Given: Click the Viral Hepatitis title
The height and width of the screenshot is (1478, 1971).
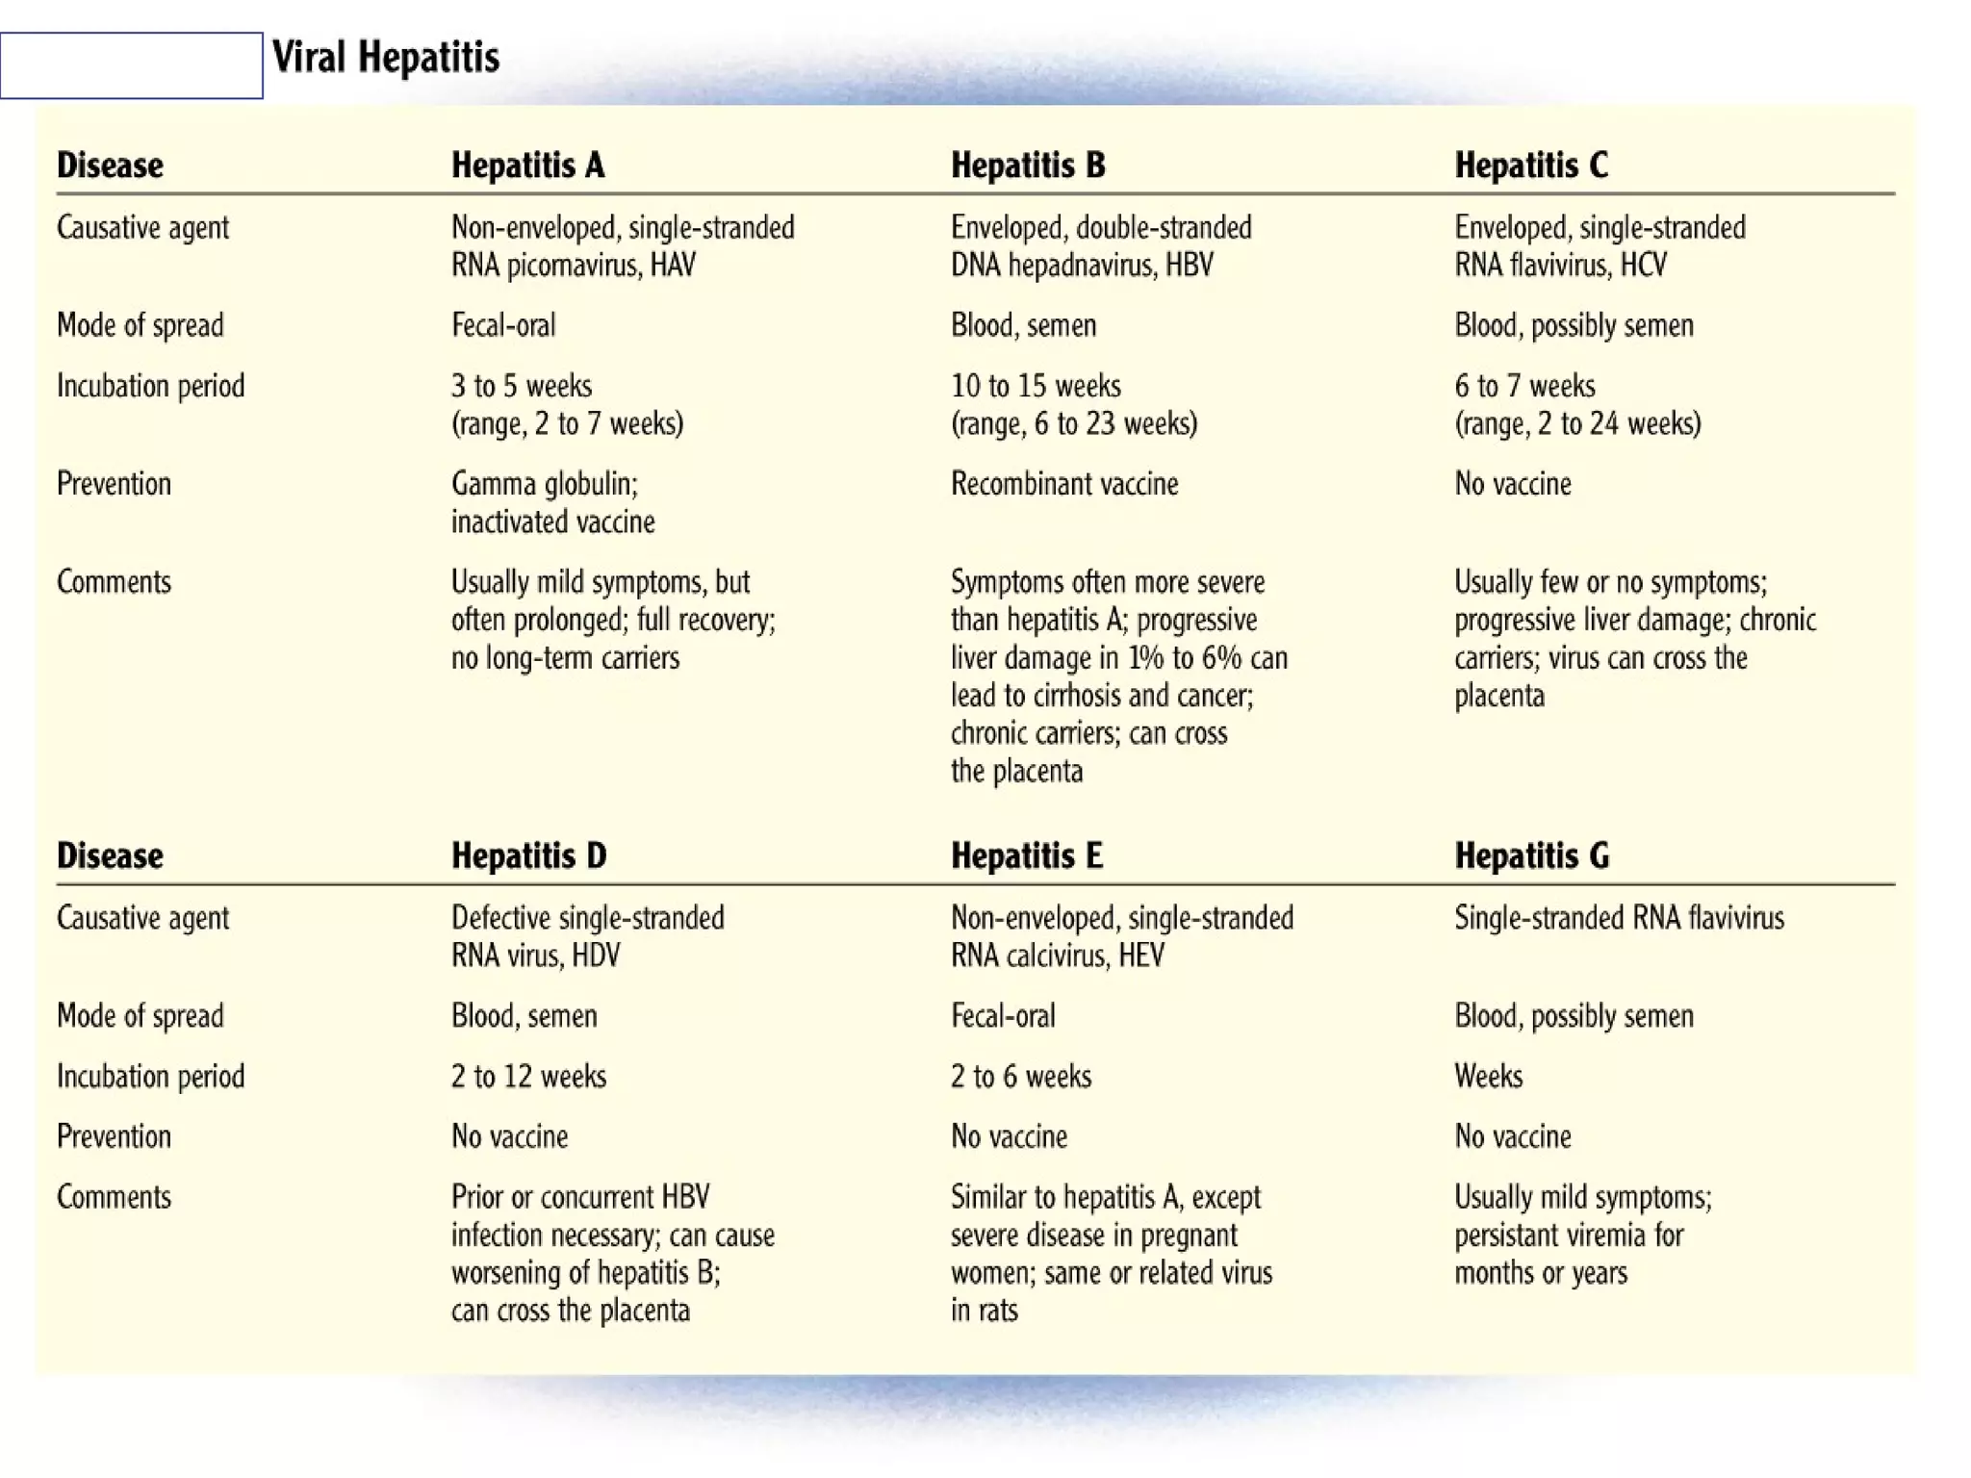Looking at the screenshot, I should (x=386, y=58).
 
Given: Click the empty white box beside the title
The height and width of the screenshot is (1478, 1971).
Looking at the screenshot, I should (x=131, y=65).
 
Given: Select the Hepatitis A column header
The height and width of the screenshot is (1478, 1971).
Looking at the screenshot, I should (x=527, y=166).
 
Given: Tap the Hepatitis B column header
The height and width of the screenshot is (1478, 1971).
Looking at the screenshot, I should (x=1028, y=166).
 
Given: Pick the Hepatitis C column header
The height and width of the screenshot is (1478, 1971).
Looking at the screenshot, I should (x=1530, y=166).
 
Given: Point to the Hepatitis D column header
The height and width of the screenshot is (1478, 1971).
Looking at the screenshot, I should (x=528, y=855).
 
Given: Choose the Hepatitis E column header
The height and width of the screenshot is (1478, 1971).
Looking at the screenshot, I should (x=1026, y=855).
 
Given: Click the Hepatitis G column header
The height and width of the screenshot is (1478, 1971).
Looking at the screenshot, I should (x=1531, y=855).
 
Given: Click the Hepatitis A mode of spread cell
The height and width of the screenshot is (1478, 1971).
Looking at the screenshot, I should (x=503, y=325).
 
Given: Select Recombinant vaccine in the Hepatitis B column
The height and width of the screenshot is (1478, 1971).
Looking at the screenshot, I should (x=1063, y=483).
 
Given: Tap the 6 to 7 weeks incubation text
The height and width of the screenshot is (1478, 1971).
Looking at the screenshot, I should (x=1524, y=386).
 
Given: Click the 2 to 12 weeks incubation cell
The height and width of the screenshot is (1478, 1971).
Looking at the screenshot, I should (x=528, y=1076).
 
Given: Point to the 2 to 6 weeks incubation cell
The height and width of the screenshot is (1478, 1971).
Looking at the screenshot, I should (x=1020, y=1076).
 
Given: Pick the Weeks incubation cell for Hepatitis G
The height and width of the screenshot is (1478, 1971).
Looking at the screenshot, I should (x=1488, y=1076).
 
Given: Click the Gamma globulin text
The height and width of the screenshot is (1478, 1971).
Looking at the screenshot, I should (x=544, y=483).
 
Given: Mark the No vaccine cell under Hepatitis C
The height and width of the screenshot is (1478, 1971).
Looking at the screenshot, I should (x=1512, y=483).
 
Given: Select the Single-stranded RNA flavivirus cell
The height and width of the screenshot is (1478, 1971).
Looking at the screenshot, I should (x=1619, y=918).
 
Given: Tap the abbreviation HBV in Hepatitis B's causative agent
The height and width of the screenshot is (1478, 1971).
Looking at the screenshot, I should (x=1189, y=266).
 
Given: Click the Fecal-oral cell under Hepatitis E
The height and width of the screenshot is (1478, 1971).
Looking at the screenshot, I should (x=1003, y=1016).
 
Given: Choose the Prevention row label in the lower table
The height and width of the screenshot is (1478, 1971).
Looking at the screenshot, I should (x=114, y=1136).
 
